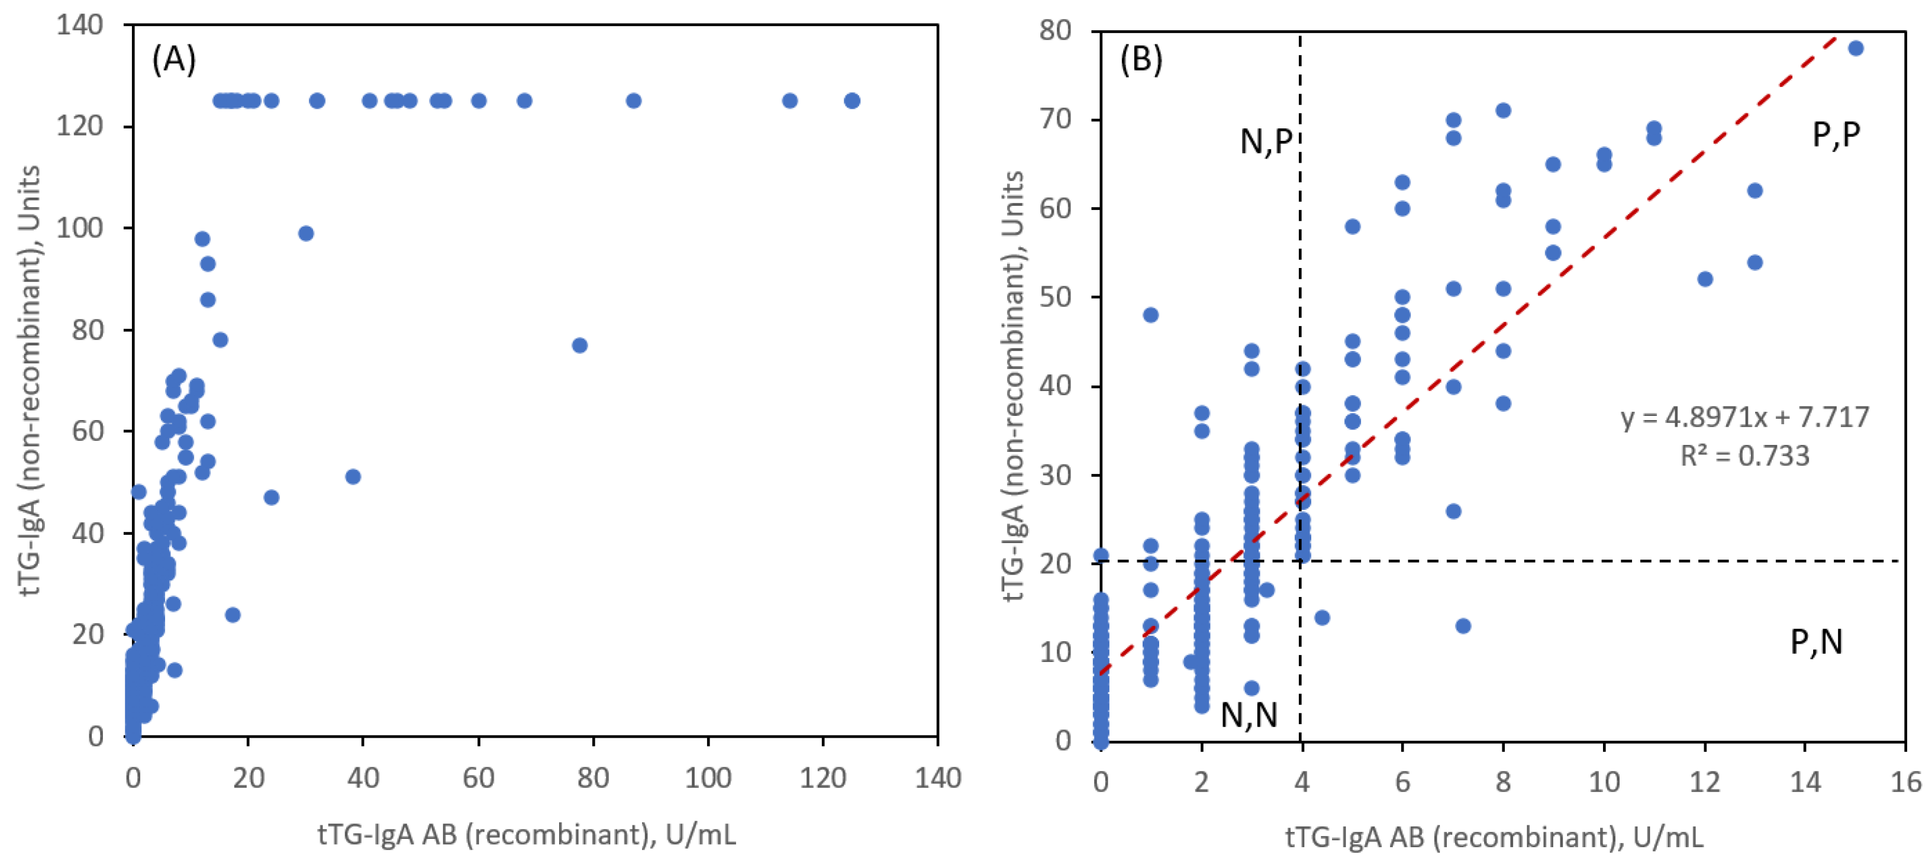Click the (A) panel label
click(x=173, y=59)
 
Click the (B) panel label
click(x=1141, y=59)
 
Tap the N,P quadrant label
click(x=1266, y=141)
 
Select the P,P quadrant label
click(x=1836, y=134)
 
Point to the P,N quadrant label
click(x=1816, y=642)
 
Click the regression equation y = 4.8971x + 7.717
click(x=1744, y=417)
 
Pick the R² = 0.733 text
click(x=1744, y=455)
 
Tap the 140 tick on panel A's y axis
click(x=79, y=25)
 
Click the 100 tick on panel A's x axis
click(x=708, y=778)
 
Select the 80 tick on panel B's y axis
click(x=1055, y=31)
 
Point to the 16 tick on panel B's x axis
click(x=1905, y=782)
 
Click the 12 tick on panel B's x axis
click(x=1704, y=782)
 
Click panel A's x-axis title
click(x=527, y=834)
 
